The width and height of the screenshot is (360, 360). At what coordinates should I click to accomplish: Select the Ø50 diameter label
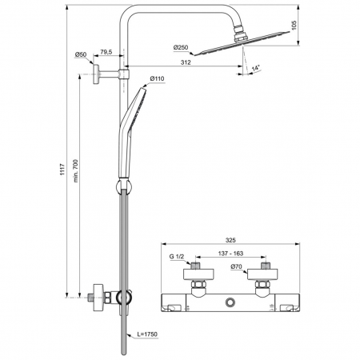point(81,54)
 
